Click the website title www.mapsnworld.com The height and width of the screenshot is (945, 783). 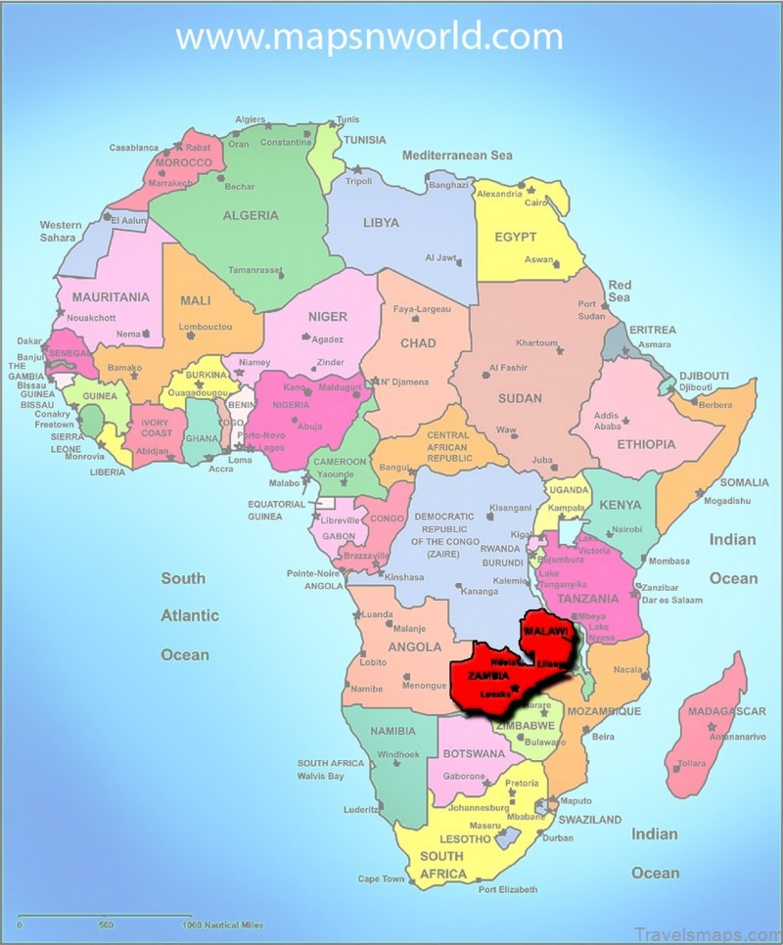(369, 37)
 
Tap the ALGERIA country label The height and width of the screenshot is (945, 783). (251, 215)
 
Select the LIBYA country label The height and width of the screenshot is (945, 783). (381, 222)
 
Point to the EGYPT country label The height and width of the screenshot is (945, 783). (515, 237)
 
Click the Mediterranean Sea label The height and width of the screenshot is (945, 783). (457, 156)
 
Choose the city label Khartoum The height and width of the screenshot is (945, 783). (536, 343)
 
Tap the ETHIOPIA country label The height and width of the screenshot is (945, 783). (646, 444)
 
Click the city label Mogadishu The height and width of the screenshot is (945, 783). (727, 501)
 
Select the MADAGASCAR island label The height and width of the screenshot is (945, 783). (726, 711)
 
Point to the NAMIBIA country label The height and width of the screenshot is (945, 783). (391, 731)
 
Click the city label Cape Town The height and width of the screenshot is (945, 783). (381, 878)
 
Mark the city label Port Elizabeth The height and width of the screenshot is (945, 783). (508, 889)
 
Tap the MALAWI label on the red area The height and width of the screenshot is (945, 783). (545, 633)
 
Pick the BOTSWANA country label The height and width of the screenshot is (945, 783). (474, 754)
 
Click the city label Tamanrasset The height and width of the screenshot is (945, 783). (254, 270)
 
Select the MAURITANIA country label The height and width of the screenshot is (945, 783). (111, 296)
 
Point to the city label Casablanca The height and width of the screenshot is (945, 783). (134, 148)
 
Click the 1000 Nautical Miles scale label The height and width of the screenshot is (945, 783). (221, 924)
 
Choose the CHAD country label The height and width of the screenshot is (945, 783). (418, 343)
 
